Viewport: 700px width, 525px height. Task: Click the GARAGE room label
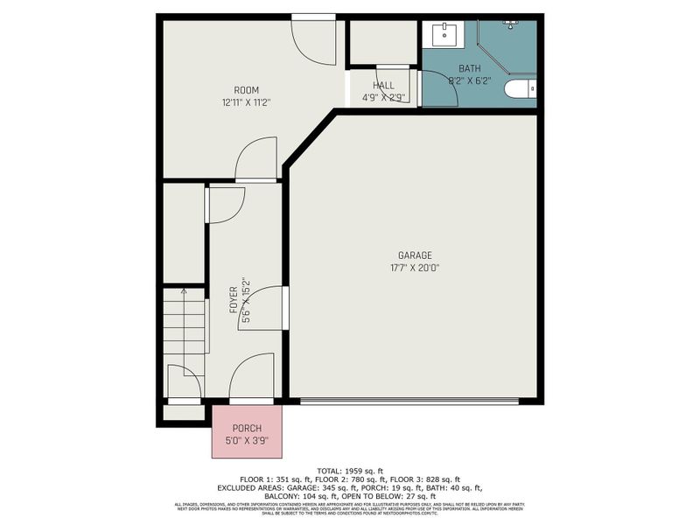[x=415, y=255]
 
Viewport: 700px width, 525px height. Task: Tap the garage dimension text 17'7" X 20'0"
[x=415, y=267]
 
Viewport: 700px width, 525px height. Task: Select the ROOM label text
[x=246, y=90]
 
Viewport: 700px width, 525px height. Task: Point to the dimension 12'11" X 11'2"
[x=246, y=102]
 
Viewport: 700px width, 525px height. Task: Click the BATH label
[x=469, y=68]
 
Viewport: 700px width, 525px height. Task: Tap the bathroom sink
[x=444, y=35]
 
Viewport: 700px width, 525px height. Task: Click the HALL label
[x=383, y=86]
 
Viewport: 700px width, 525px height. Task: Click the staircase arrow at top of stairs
[x=183, y=291]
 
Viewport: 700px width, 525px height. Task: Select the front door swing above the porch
[x=252, y=376]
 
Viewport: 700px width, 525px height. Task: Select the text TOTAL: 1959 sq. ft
[x=350, y=470]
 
